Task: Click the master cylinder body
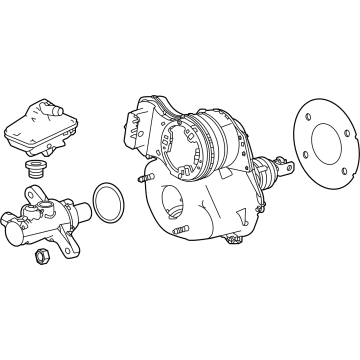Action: click(x=45, y=222)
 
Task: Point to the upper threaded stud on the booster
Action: click(x=145, y=179)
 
